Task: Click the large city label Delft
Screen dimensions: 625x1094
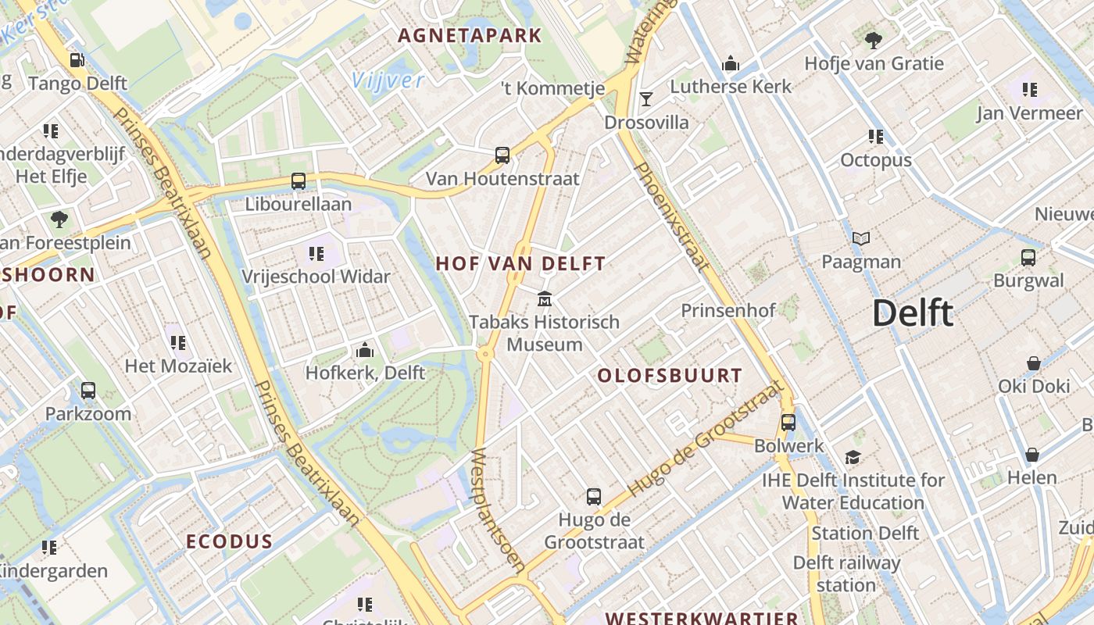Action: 913,313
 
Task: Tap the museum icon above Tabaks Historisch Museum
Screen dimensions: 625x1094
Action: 545,298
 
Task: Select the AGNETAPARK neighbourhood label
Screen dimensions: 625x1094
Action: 470,35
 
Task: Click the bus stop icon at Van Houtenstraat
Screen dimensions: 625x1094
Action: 502,155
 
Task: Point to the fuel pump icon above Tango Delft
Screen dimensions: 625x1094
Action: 77,60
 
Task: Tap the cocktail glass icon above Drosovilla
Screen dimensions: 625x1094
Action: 646,98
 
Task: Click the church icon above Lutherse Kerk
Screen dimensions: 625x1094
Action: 731,62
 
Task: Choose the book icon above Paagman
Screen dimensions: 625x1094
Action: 861,238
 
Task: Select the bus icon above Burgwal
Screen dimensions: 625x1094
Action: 1028,257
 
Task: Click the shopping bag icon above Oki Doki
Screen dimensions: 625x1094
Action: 1034,363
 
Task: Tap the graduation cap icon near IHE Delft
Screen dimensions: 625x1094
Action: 853,457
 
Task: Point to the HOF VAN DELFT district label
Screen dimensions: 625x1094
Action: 520,264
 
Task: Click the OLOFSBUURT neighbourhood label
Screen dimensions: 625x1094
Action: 670,376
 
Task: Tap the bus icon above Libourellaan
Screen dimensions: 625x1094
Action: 299,181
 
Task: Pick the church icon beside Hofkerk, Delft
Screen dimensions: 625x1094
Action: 364,350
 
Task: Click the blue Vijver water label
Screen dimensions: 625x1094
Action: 388,80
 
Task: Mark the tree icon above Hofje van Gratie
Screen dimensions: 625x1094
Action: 874,40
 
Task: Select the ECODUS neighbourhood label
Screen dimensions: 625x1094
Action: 229,542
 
